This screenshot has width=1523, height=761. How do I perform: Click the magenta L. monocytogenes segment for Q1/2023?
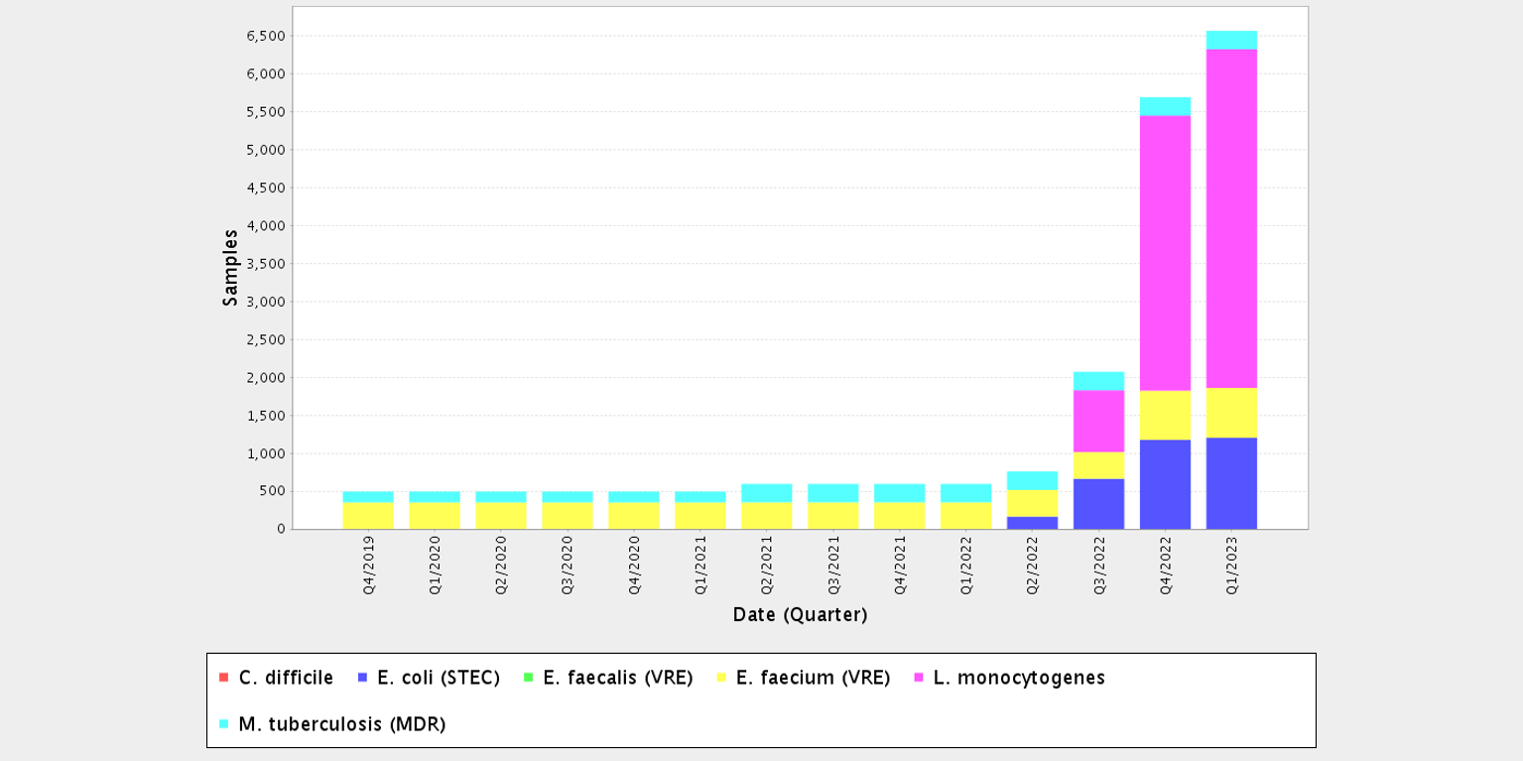(1231, 218)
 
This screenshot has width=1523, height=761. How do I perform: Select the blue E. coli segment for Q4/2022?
(1165, 484)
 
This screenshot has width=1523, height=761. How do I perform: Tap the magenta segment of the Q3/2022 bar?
(1098, 421)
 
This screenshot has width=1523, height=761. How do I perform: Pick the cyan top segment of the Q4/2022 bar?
(1165, 106)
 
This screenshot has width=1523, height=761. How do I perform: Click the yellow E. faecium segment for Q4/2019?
(368, 516)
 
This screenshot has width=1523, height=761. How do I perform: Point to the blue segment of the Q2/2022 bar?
(1032, 523)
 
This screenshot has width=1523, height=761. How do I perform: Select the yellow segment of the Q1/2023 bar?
(1231, 413)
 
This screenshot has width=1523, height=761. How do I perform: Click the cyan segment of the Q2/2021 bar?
(766, 493)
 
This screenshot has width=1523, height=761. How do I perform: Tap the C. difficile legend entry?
(276, 678)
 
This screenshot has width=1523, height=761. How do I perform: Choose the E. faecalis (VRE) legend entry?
(607, 678)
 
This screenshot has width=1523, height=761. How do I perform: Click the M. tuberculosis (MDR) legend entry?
(332, 724)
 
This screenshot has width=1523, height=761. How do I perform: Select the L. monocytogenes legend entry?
(1008, 678)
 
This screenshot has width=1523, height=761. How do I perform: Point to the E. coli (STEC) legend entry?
(428, 678)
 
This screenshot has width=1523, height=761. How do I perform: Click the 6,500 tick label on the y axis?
(266, 36)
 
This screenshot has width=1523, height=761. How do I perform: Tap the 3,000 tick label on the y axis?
(266, 302)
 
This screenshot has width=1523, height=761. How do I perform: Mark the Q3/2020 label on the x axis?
(568, 565)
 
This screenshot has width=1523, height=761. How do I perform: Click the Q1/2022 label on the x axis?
(965, 565)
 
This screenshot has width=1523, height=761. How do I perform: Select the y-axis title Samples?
(230, 268)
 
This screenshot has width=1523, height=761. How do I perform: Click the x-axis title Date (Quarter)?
(800, 615)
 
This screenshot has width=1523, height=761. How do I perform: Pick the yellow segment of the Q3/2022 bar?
(1098, 465)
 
